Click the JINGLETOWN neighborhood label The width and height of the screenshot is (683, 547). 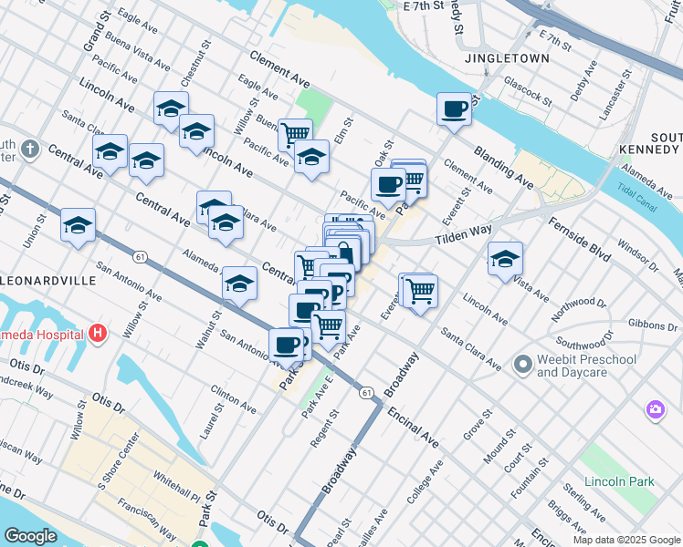pos(507,58)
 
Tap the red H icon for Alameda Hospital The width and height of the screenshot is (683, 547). pos(98,334)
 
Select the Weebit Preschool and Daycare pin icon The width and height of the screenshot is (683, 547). pos(522,366)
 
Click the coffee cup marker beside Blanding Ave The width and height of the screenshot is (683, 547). pos(454,110)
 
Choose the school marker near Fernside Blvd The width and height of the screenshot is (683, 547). pos(505,259)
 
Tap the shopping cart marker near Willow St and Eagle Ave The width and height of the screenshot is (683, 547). pos(295,135)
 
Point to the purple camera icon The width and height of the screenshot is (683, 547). pos(655,411)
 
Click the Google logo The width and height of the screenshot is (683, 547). pos(30,536)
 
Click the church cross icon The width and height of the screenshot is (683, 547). pos(29,148)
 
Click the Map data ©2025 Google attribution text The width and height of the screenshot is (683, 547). pos(625,540)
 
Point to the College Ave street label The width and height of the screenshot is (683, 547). pos(426,481)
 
